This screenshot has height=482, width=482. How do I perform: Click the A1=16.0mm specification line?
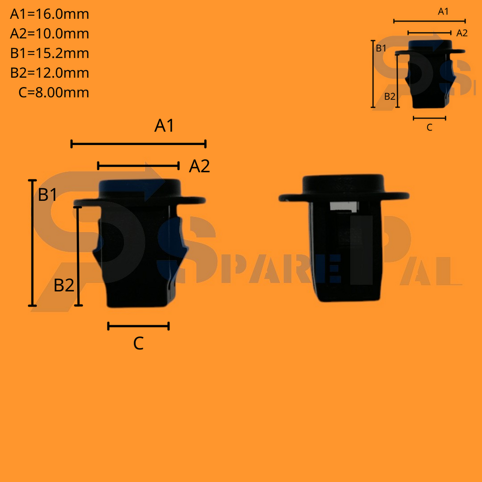[49, 14]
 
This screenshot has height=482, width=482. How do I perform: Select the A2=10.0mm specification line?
[49, 34]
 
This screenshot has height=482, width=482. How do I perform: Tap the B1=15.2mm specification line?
[49, 53]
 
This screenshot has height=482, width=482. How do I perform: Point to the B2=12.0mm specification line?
[49, 73]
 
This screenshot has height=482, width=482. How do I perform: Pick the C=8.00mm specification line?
[54, 92]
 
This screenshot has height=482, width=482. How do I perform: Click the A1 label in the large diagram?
[164, 126]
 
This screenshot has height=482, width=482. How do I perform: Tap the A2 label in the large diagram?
[199, 166]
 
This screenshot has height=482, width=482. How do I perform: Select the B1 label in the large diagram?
[48, 194]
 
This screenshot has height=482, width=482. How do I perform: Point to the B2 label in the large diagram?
[64, 285]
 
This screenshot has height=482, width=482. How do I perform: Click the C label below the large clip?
[138, 344]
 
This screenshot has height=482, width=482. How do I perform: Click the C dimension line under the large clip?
[138, 326]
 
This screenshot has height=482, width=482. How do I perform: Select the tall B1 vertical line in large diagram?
[32, 243]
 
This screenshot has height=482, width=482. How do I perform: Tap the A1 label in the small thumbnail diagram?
[443, 12]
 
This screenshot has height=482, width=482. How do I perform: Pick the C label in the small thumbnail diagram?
[429, 127]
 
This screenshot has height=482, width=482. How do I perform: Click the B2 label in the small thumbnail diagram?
[390, 96]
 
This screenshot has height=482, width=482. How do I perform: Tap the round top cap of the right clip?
[343, 183]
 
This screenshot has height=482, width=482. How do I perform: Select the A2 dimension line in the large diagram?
[138, 165]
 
